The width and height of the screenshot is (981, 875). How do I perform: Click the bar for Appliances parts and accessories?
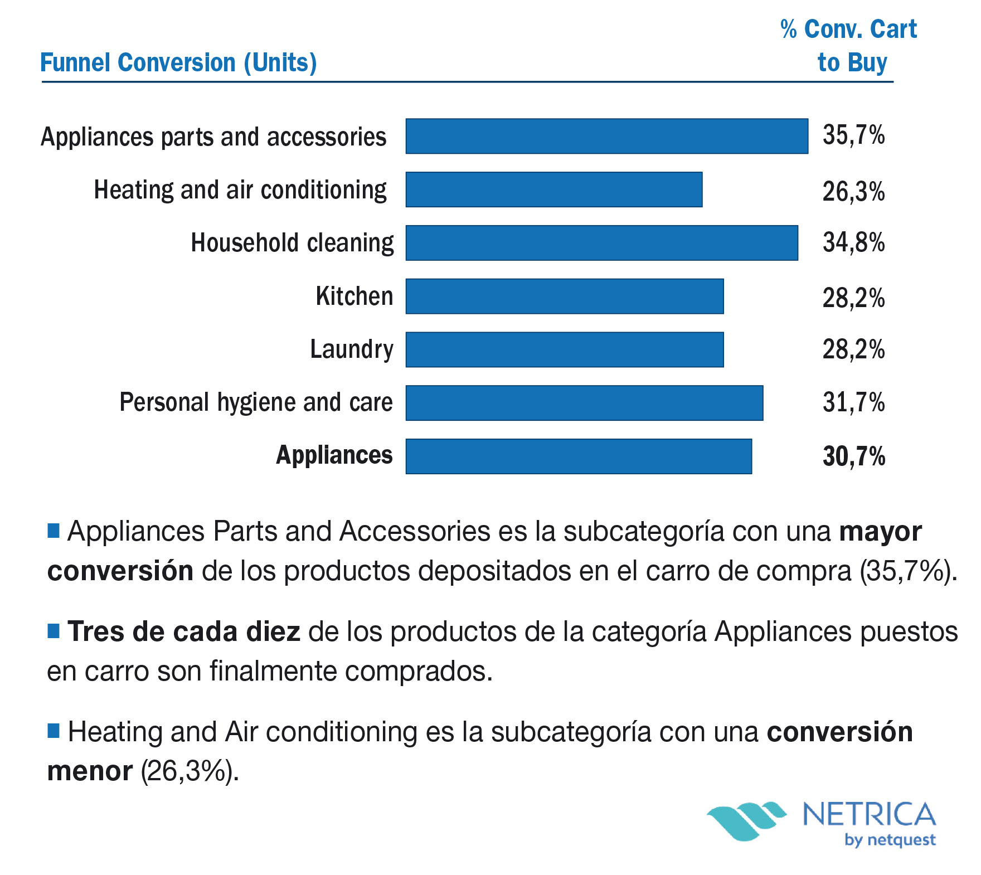[x=606, y=136]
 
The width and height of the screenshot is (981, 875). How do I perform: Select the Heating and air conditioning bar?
[x=553, y=189]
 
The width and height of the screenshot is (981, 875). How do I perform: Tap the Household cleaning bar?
[x=601, y=243]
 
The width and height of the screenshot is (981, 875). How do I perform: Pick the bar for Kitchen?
[x=564, y=296]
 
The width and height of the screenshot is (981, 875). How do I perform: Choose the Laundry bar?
[x=564, y=350]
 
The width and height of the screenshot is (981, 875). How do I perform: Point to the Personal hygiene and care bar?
[x=584, y=403]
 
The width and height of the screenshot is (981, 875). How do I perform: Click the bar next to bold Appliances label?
[x=579, y=456]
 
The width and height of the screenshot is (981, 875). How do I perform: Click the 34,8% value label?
[x=853, y=243]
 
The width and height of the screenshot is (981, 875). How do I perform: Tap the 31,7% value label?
[x=853, y=402]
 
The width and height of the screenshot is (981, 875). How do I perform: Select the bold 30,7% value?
[x=853, y=456]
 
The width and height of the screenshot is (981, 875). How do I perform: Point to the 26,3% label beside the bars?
[x=853, y=192]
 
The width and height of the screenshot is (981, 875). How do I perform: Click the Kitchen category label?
[x=354, y=296]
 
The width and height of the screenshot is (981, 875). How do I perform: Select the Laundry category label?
[x=352, y=350]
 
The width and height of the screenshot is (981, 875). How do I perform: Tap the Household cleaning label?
[x=292, y=244]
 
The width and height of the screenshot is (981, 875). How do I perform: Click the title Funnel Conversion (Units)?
[x=178, y=63]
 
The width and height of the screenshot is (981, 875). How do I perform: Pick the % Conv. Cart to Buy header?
[x=849, y=46]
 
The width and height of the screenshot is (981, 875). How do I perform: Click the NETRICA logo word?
[x=869, y=814]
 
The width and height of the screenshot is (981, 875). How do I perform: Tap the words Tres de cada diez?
[x=184, y=632]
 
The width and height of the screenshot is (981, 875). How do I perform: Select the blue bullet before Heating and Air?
[x=54, y=731]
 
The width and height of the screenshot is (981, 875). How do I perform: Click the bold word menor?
[x=90, y=772]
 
